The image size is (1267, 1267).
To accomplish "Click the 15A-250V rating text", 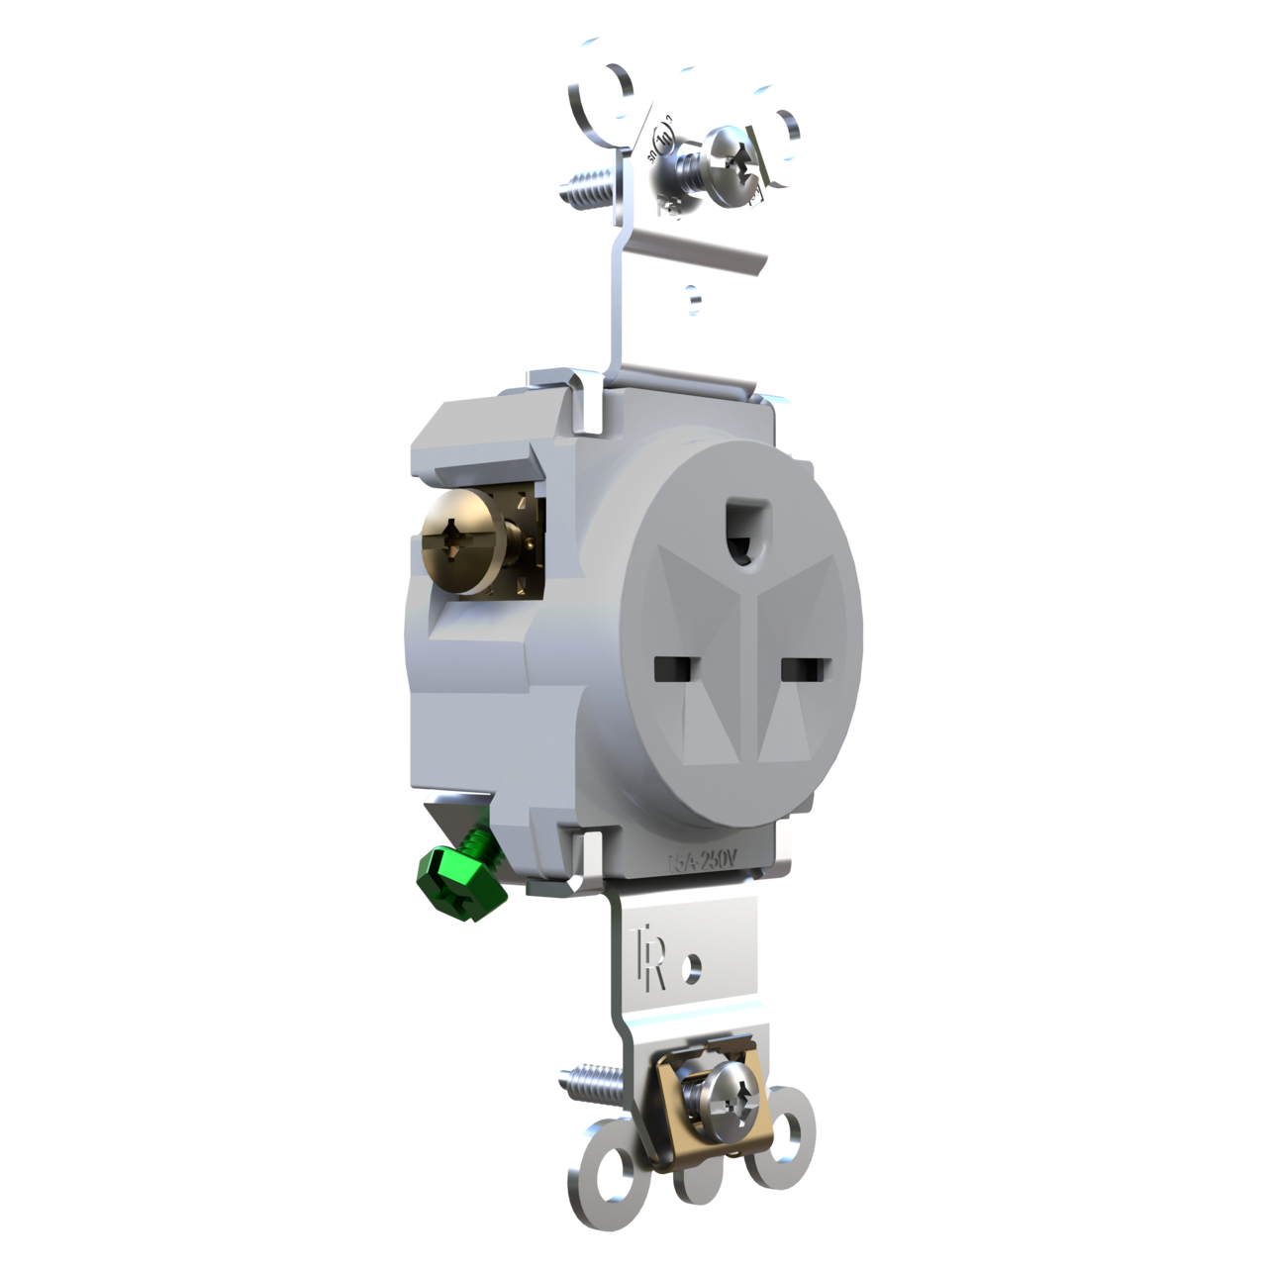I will coord(701,860).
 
